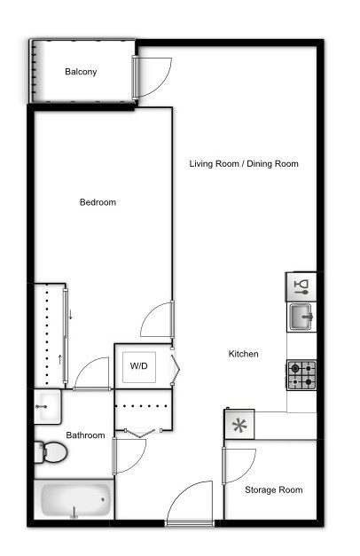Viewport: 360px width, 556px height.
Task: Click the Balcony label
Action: (81, 72)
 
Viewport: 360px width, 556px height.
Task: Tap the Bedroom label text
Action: (98, 202)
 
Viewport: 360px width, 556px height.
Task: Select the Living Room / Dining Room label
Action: (244, 163)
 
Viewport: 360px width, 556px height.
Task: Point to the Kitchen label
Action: (244, 354)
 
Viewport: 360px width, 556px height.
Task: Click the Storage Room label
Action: (274, 489)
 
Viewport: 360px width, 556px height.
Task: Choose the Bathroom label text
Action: (85, 435)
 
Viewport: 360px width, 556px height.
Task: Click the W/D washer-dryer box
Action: (139, 365)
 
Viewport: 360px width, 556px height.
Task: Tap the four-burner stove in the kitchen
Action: (301, 375)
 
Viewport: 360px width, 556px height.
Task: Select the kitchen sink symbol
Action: (301, 316)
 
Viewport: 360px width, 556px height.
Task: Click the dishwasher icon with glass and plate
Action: (301, 286)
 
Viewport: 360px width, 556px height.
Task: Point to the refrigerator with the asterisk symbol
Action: (239, 425)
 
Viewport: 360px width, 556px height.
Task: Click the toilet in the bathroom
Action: (51, 453)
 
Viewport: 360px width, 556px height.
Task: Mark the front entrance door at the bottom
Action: (191, 505)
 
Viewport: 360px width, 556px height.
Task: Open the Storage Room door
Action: (238, 464)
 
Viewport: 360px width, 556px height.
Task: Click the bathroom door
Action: (129, 455)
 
